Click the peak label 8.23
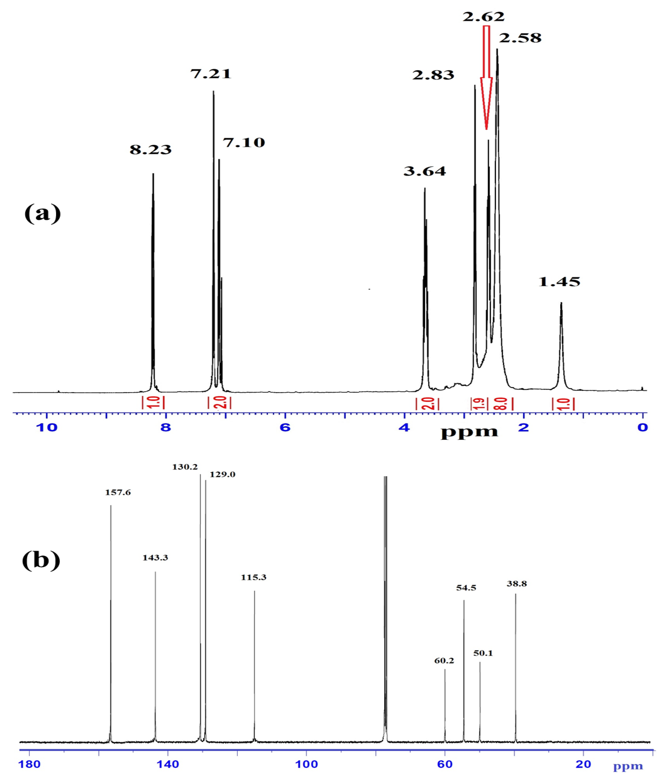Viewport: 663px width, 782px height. (151, 149)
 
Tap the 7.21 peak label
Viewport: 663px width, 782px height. (211, 74)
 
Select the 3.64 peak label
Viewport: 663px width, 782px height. (425, 171)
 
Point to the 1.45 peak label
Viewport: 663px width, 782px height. (559, 282)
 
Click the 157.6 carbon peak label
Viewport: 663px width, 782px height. (118, 492)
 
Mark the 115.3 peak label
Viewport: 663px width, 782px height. (254, 577)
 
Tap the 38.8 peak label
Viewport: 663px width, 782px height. (517, 584)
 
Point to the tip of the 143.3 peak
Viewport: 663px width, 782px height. (155, 572)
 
